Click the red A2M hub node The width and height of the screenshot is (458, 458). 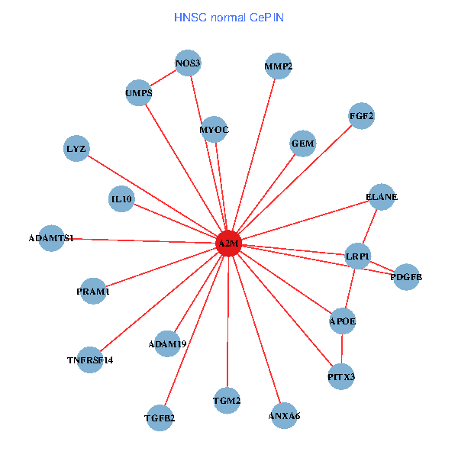click(x=229, y=244)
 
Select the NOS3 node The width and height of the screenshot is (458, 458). click(x=188, y=63)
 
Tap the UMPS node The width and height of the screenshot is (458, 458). click(x=139, y=93)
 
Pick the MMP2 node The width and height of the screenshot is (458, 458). click(x=279, y=66)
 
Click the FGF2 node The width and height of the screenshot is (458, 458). click(x=361, y=116)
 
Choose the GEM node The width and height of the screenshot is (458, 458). click(x=303, y=144)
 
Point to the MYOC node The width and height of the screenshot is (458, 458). click(x=214, y=129)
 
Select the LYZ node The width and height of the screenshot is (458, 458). click(x=76, y=148)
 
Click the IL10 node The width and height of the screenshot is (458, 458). click(x=122, y=200)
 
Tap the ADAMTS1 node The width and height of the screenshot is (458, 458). click(x=51, y=238)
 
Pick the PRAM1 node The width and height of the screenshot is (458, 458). click(x=93, y=291)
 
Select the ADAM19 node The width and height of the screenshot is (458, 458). click(x=167, y=343)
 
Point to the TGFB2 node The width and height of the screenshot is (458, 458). click(x=160, y=418)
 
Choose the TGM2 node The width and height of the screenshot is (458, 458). click(x=227, y=400)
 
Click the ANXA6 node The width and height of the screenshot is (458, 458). click(x=284, y=416)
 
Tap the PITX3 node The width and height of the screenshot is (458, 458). click(x=341, y=376)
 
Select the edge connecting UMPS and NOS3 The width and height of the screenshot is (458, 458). click(x=163, y=79)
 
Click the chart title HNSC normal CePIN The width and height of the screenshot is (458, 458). click(x=229, y=17)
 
